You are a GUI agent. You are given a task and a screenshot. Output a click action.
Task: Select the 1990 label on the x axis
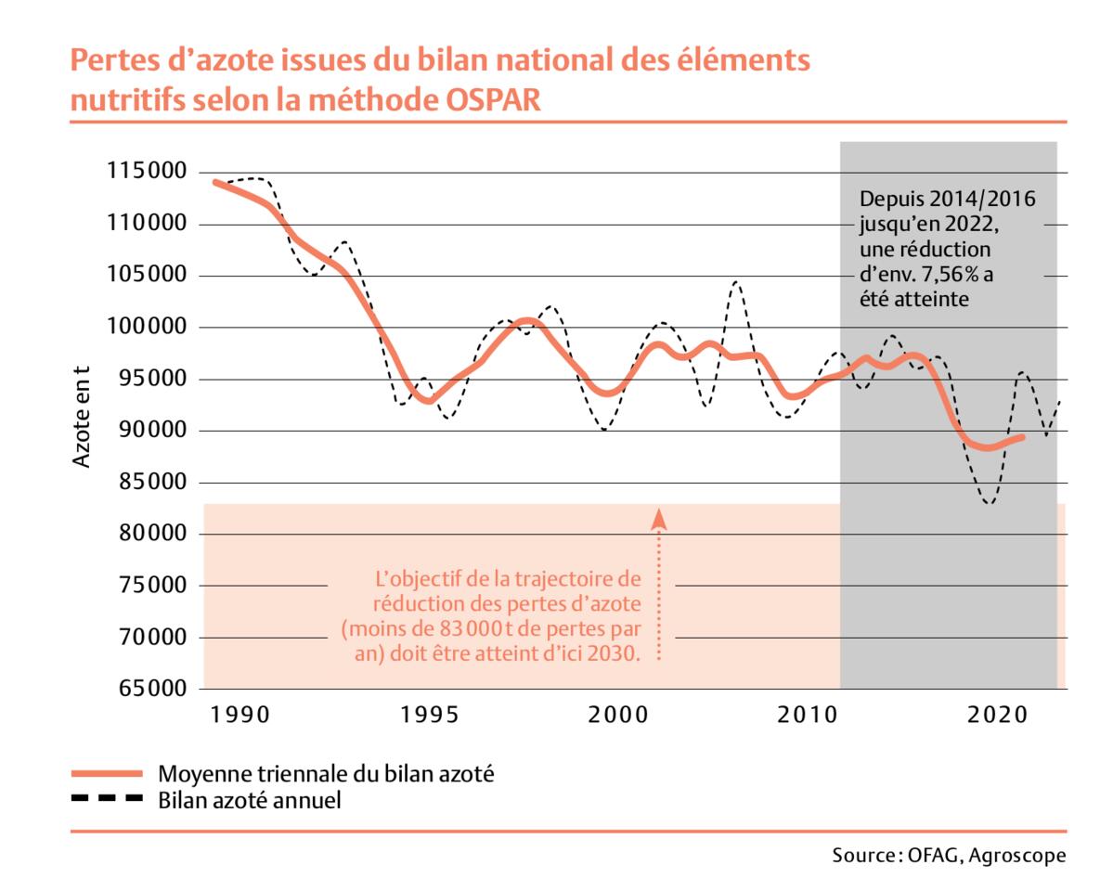point(239,716)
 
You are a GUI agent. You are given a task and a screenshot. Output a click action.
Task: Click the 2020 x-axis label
point(997,716)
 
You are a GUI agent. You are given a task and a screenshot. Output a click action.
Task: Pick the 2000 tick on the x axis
point(619,716)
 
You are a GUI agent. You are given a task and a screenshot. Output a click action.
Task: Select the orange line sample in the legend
point(106,773)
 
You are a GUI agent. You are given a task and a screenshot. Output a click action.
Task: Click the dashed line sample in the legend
point(106,799)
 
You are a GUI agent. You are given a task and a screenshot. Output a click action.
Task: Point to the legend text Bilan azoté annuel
point(250,799)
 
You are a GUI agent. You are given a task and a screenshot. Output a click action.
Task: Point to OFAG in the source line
point(931,855)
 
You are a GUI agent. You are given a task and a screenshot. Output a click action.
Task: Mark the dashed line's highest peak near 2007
point(736,281)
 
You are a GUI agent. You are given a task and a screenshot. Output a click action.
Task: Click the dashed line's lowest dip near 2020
point(990,503)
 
